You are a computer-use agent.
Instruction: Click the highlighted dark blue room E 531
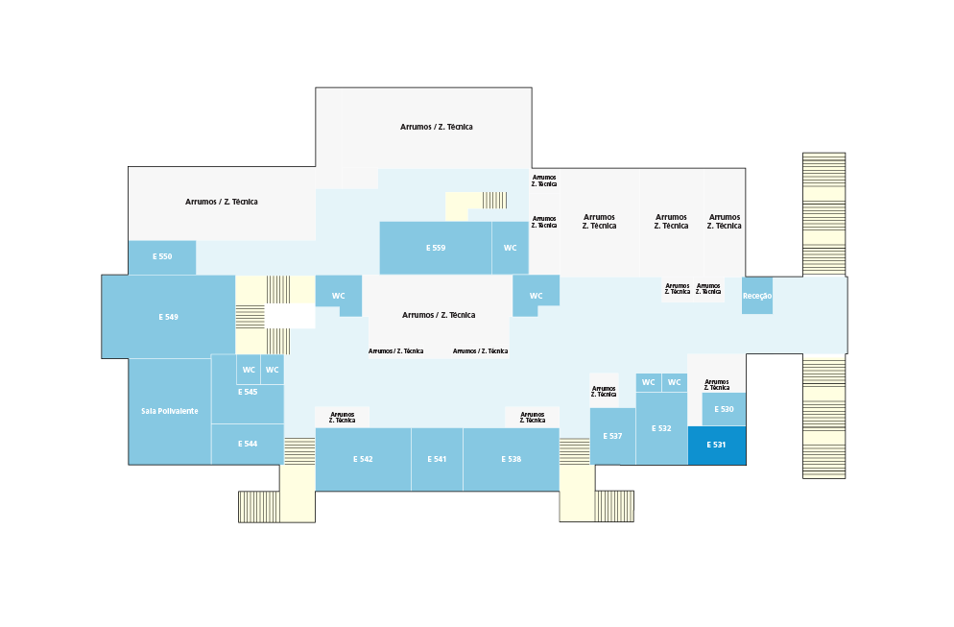pos(717,445)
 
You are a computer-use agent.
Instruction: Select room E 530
pos(724,409)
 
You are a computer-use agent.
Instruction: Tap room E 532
pos(661,428)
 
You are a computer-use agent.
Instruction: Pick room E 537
pos(612,436)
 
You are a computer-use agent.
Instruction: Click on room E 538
pos(511,459)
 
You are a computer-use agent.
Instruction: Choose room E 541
pos(437,459)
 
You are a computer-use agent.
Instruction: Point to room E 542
pos(363,459)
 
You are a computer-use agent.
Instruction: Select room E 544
pos(248,444)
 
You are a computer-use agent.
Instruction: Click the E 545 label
pos(248,392)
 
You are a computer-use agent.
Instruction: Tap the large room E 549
pos(169,317)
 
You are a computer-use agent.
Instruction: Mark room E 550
pos(162,257)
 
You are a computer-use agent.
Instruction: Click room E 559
pos(436,248)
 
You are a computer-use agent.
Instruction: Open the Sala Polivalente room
pos(170,412)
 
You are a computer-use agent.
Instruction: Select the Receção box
pos(757,296)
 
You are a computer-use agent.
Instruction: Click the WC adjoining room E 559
pos(510,248)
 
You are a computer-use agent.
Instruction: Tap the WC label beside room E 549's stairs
pos(338,296)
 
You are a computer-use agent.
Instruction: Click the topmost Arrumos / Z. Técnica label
pos(437,127)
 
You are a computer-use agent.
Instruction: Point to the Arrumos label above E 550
pos(222,202)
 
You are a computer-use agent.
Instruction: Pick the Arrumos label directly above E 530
pos(717,385)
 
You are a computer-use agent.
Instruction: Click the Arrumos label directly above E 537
pos(604,392)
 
